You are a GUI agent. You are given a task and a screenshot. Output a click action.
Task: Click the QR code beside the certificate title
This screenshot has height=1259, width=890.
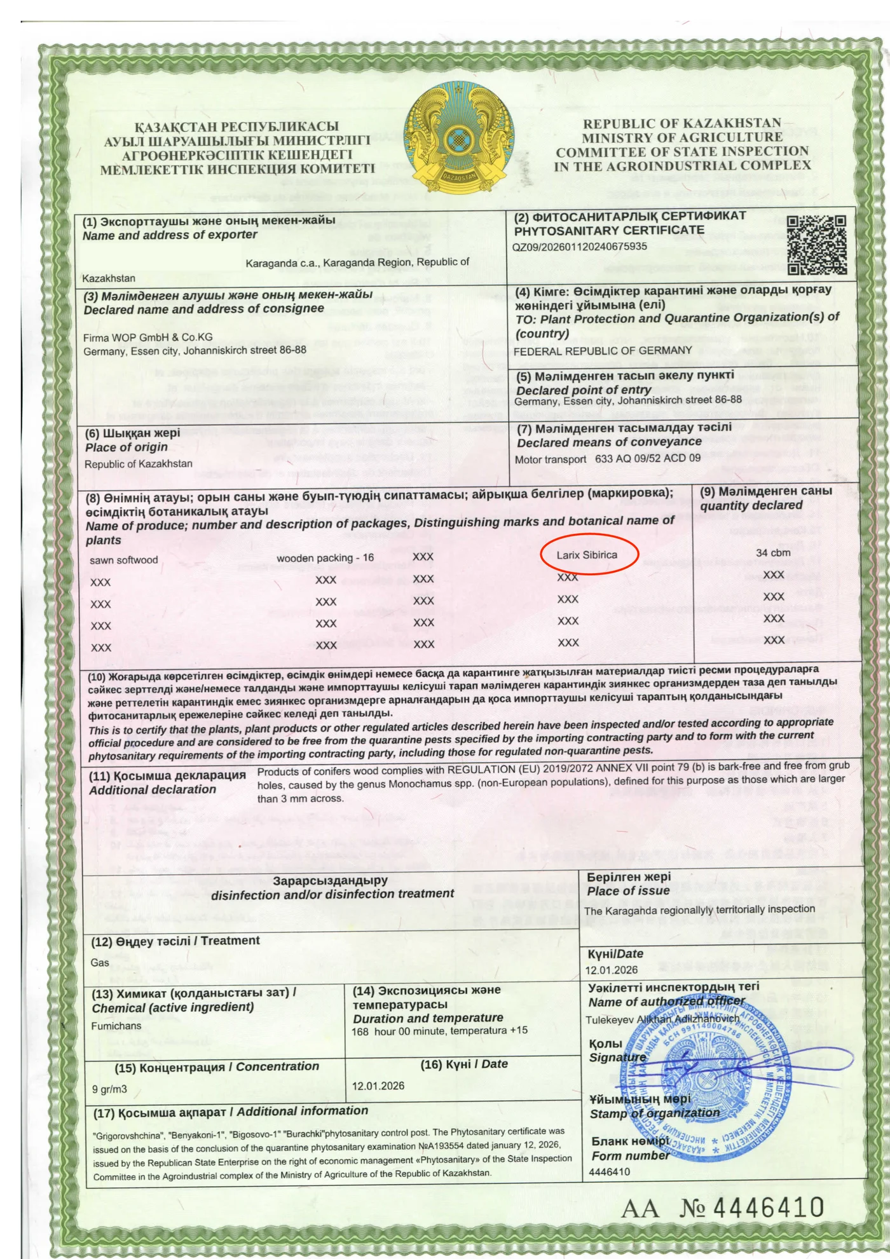[816, 245]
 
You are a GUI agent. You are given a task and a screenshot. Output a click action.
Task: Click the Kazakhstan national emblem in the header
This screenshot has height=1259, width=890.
[458, 138]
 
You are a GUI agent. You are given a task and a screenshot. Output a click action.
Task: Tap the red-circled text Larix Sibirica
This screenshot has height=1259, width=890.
[587, 555]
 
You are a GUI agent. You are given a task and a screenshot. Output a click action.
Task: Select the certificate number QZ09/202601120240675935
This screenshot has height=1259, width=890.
[579, 247]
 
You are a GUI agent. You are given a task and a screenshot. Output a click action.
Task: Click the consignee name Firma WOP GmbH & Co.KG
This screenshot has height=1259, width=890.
[147, 337]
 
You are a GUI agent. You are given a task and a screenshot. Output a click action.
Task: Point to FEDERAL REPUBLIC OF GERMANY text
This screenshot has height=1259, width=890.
[602, 351]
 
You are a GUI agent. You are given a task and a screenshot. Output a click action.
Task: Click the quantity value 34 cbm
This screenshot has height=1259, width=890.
[773, 553]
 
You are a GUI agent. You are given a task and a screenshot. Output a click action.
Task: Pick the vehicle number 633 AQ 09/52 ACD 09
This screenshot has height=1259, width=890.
[647, 458]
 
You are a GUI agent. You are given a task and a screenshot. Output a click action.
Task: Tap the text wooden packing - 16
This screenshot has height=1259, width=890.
[325, 558]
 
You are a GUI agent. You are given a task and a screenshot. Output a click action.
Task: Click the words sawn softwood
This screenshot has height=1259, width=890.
[123, 560]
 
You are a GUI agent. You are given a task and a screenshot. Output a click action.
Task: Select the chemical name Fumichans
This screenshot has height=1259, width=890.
[116, 1026]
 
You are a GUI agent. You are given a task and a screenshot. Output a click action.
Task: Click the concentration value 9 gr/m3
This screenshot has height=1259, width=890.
[109, 1089]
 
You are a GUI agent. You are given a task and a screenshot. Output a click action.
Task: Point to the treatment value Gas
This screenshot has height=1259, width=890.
[100, 962]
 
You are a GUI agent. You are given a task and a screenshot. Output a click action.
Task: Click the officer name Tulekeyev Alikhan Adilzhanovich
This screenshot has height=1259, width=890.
[662, 1019]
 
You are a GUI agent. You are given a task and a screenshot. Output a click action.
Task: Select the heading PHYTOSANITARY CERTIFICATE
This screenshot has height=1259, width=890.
[609, 230]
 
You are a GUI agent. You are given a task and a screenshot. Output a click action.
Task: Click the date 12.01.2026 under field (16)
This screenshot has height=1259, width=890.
[378, 1085]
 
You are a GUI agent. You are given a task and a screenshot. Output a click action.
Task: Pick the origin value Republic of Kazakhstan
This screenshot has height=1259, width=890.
[138, 464]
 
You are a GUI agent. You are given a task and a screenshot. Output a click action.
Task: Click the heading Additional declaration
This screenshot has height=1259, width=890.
[153, 790]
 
